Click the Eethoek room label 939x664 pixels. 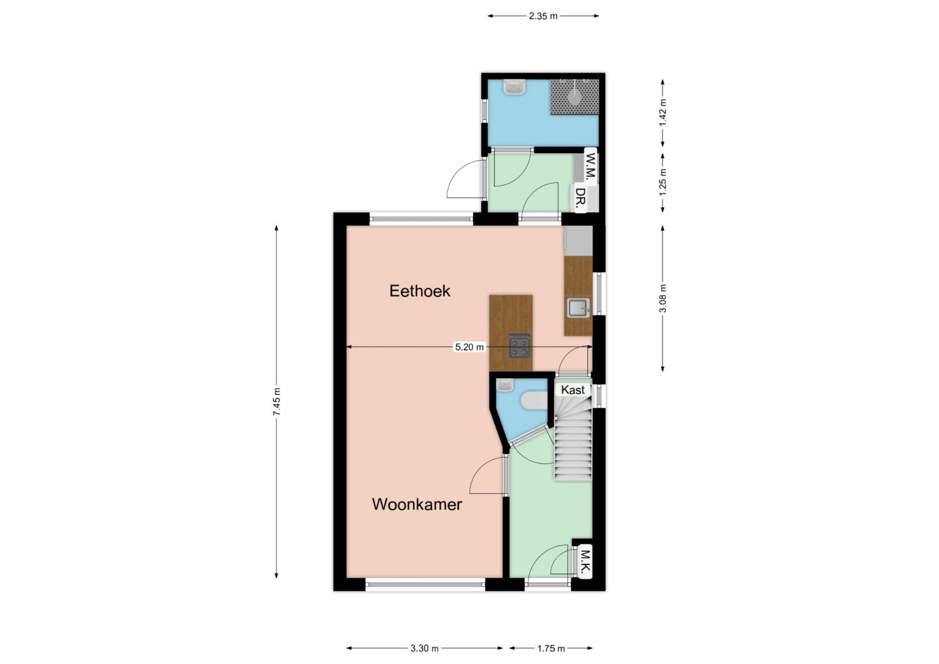tap(420, 291)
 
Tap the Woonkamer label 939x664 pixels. tap(417, 504)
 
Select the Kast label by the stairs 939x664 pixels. tap(573, 390)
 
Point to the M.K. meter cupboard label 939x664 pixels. tap(586, 562)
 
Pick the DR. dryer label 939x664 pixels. tap(580, 199)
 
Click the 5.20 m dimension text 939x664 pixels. tap(469, 347)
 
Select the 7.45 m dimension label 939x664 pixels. tap(277, 402)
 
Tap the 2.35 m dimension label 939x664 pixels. tap(543, 16)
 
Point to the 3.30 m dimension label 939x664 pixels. tap(424, 649)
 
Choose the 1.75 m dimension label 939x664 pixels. tap(551, 649)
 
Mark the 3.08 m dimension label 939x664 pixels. tap(662, 299)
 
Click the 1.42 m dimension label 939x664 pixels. tap(662, 113)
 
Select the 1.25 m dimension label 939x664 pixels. tap(662, 182)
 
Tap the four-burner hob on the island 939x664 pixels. tap(519, 346)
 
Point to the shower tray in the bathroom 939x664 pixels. tap(575, 97)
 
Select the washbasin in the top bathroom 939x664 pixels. tap(514, 87)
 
